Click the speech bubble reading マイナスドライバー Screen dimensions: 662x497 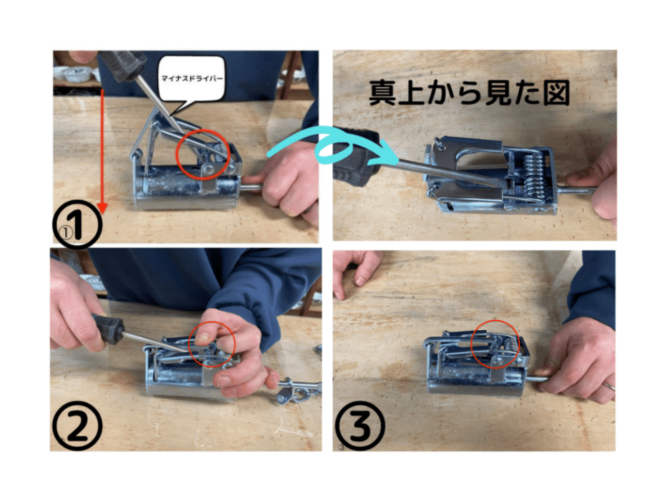(x=193, y=79)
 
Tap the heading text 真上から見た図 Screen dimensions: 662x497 (x=469, y=93)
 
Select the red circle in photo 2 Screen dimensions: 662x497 (x=212, y=345)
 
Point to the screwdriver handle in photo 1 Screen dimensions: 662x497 (x=122, y=65)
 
